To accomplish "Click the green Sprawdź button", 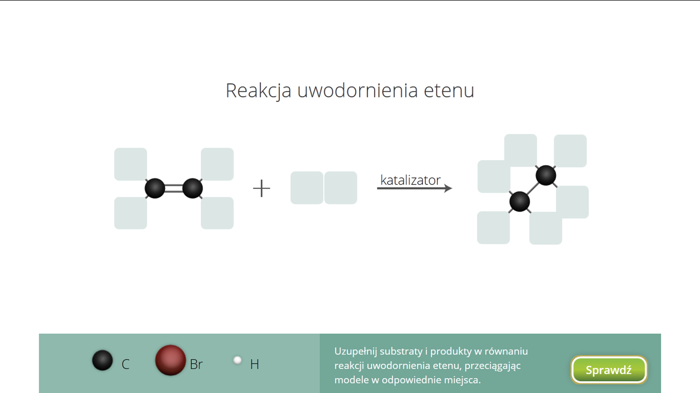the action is (x=609, y=370).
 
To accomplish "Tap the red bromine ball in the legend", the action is (x=170, y=360).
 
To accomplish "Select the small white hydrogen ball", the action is (x=238, y=360).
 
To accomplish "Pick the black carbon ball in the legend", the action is (x=102, y=360).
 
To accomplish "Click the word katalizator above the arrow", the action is (x=410, y=180).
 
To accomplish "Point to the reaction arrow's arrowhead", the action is (x=448, y=188).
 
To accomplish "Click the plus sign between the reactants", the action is (x=262, y=188).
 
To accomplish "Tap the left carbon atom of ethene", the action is (x=155, y=188).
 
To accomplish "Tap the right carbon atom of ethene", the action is (x=192, y=188).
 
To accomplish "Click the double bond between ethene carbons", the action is (x=174, y=188).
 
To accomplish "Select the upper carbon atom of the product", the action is (x=546, y=175).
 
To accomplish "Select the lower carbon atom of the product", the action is (x=519, y=202).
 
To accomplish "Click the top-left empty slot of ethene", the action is (x=131, y=164).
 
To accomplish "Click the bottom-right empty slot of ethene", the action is (x=217, y=213).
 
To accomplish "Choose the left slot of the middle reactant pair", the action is (x=307, y=188).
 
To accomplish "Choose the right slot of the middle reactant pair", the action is (x=341, y=188).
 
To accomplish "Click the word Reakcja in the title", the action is (x=259, y=90).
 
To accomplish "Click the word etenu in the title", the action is (x=449, y=90).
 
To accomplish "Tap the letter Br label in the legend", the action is (x=196, y=364).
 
